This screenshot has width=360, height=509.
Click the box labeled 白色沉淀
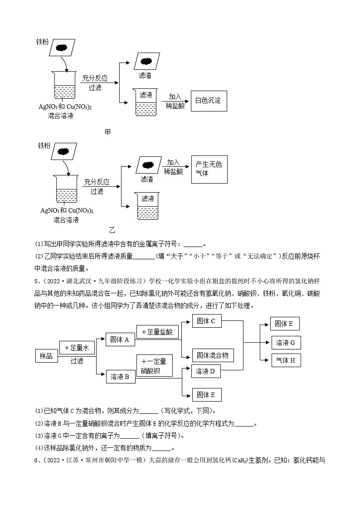coord(208,101)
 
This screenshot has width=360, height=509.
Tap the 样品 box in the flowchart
coord(46,356)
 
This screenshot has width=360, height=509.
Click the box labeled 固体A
coord(120,339)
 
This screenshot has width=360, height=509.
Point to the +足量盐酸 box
coord(157,332)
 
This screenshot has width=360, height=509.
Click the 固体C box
coord(206,321)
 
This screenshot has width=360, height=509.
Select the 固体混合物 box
coord(213,355)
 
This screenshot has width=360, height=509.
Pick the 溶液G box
coord(286,343)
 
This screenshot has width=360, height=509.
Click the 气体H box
coord(286,360)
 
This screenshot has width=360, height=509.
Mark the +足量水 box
coord(76,348)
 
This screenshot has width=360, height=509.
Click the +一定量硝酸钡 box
coord(154,366)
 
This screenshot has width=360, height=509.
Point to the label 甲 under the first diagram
coord(107,132)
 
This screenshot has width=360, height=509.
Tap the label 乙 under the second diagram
coord(112,230)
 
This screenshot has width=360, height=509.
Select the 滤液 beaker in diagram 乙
coord(148,206)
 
